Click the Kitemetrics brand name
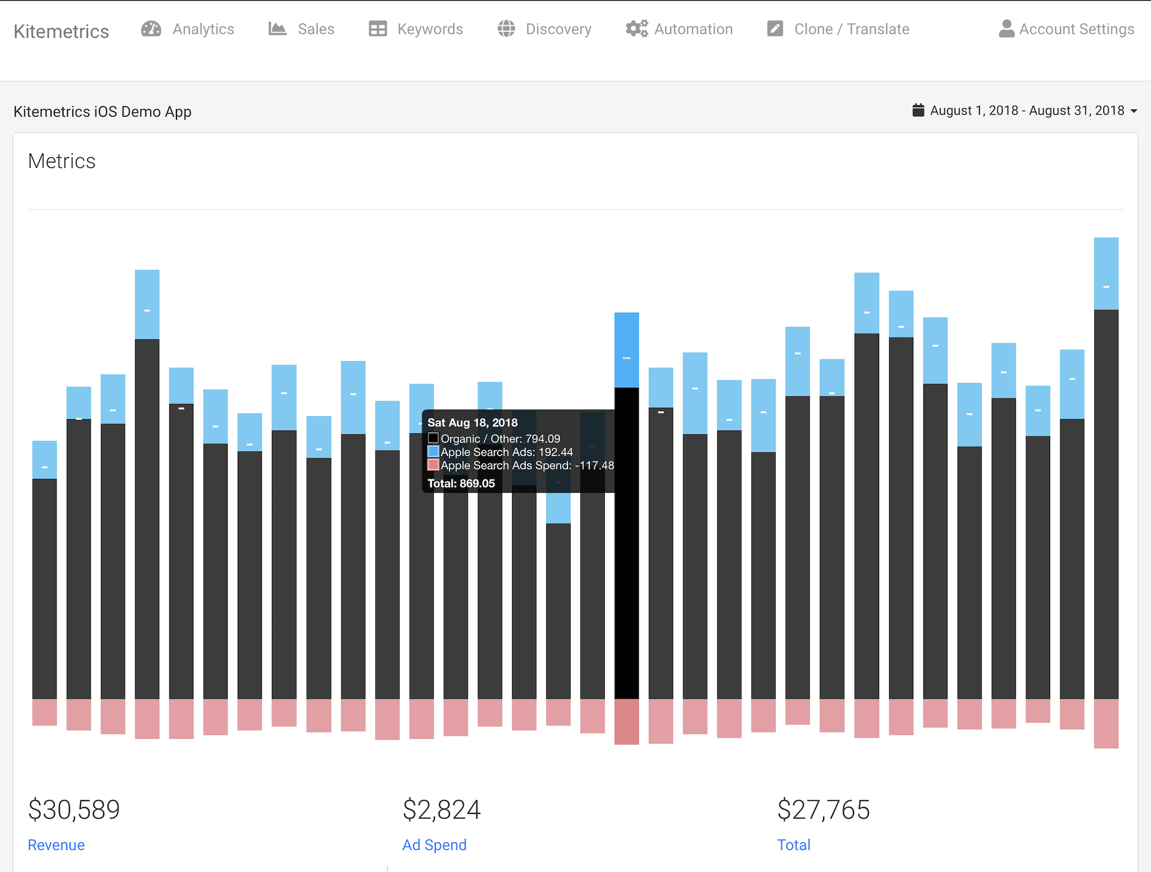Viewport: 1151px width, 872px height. [x=61, y=31]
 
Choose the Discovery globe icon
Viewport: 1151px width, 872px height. [x=506, y=29]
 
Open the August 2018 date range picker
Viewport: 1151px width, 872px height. [x=1027, y=111]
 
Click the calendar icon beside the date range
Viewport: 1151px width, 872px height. [x=918, y=110]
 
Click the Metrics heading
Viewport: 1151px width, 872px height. [x=61, y=161]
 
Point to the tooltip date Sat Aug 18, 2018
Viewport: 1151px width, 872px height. [x=472, y=422]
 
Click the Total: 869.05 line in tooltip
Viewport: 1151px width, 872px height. [x=461, y=483]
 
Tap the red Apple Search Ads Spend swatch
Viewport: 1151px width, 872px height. [x=433, y=465]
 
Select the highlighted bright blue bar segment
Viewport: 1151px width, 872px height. [x=627, y=350]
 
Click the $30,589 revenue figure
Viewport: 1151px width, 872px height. [x=74, y=810]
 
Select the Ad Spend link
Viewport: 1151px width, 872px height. [x=434, y=845]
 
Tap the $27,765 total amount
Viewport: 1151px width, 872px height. [x=823, y=810]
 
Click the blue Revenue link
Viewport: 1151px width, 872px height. [x=56, y=845]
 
